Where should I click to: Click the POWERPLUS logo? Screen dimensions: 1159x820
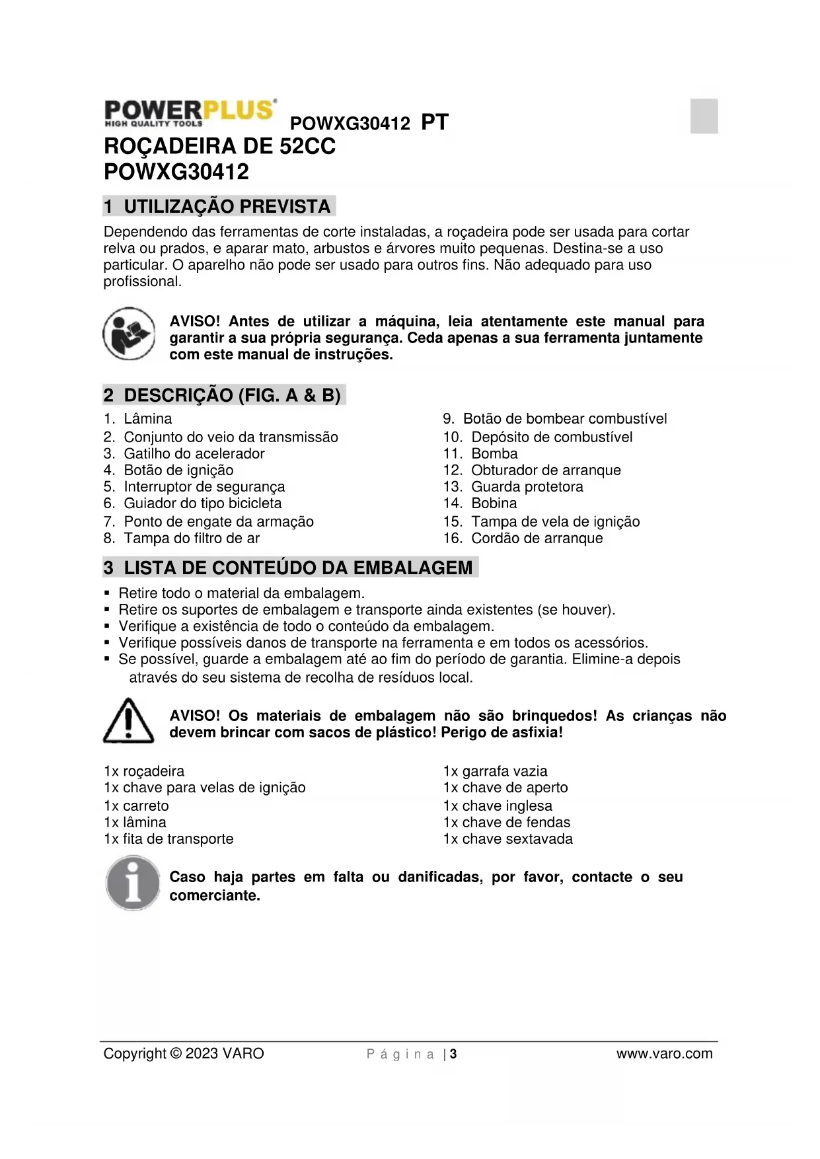coord(190,113)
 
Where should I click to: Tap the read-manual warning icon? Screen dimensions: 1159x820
coord(129,334)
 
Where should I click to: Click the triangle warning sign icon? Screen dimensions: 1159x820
coord(129,721)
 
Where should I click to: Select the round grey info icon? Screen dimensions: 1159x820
coord(133,883)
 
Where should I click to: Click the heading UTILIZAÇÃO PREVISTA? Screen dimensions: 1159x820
coord(219,206)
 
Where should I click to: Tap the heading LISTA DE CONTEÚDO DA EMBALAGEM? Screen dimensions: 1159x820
coord(290,568)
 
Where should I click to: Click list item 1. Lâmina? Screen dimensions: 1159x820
coord(138,419)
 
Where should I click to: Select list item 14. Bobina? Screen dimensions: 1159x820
coord(480,504)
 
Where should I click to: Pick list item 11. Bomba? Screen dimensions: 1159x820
coord(480,454)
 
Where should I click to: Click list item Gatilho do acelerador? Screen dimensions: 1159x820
coord(184,454)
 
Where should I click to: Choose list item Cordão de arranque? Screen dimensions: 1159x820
coord(523,539)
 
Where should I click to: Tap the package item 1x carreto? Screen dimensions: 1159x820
coord(136,806)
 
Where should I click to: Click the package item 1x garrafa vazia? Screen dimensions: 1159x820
coord(495,771)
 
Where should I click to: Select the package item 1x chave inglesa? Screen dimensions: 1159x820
coord(498,806)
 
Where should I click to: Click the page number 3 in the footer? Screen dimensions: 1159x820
coord(453,1054)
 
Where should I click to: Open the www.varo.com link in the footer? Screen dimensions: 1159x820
coord(664,1054)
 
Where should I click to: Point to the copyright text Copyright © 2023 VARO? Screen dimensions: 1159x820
coord(184,1054)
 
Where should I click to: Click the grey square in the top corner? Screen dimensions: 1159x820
coord(704,116)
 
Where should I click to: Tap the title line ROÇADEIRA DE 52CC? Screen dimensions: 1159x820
coord(220,146)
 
